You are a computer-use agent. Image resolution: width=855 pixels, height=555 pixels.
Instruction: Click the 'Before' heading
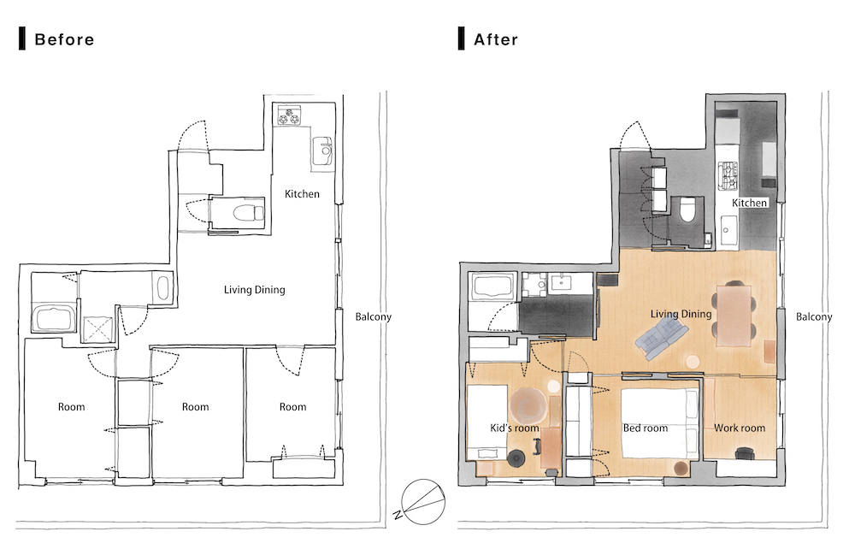coord(64,39)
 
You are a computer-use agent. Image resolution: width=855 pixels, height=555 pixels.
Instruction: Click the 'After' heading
coord(496,39)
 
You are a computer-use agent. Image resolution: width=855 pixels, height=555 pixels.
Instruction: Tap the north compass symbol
coord(422,502)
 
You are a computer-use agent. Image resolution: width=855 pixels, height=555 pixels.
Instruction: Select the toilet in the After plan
coord(687,210)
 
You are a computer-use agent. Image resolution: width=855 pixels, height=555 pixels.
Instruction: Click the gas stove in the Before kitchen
coord(289,115)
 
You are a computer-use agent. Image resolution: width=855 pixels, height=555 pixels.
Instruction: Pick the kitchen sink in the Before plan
coord(323,151)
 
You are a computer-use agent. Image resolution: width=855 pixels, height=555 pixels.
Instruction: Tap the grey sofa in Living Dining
coord(661,339)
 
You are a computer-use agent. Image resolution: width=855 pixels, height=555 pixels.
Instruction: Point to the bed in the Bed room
coord(660,423)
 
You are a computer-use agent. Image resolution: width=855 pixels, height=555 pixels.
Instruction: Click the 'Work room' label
coord(740,428)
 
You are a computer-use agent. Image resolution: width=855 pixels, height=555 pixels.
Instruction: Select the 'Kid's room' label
coord(514,428)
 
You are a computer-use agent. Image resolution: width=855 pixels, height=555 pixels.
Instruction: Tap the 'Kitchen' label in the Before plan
coord(302,193)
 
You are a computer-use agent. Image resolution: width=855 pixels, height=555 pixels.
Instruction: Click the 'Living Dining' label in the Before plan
coord(255,290)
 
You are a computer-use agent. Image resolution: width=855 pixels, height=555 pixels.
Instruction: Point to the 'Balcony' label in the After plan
coord(814,316)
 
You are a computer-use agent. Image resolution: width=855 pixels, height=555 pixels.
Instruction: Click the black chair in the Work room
coord(744,453)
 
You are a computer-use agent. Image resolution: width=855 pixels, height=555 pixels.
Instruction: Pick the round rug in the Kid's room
coord(528,404)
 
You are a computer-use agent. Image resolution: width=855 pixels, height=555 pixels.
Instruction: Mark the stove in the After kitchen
coord(728,175)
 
